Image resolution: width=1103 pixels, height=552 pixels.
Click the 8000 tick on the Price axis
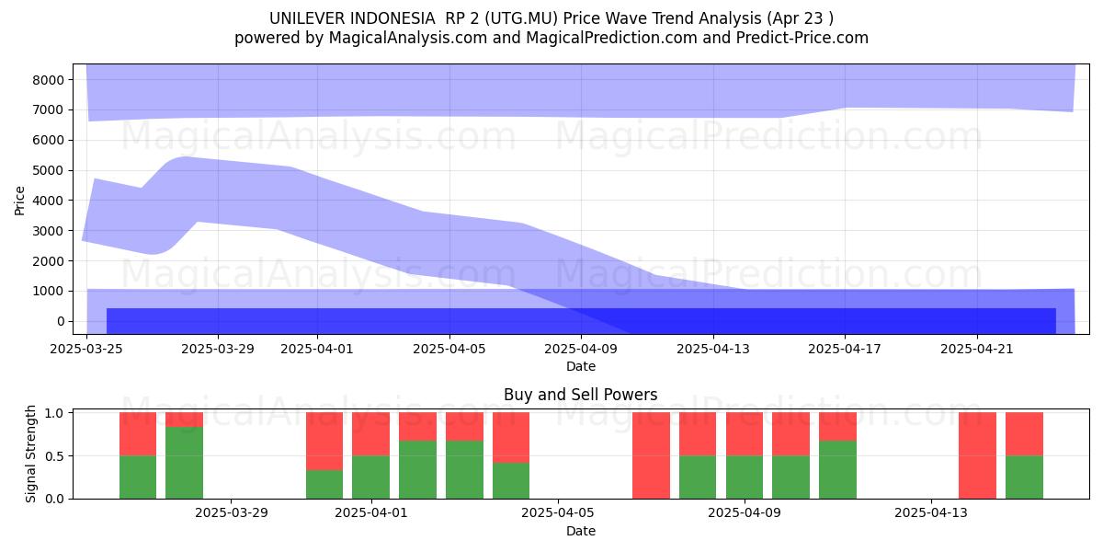click(49, 80)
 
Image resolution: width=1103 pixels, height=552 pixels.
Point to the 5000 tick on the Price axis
click(49, 170)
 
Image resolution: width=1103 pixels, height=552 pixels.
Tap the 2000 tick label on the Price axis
click(49, 261)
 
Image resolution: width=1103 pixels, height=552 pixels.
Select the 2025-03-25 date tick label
click(86, 349)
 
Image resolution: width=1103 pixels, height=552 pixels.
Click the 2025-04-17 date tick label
click(845, 349)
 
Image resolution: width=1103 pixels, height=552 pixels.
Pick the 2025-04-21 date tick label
click(977, 349)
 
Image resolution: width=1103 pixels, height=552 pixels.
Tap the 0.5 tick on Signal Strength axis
click(54, 456)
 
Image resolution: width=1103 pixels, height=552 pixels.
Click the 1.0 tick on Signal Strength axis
click(54, 413)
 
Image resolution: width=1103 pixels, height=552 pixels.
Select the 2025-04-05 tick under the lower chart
click(558, 513)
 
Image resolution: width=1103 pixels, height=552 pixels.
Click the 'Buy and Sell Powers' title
click(581, 395)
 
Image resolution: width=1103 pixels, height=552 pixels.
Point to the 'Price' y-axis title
click(19, 201)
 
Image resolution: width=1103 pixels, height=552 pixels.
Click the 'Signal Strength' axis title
click(30, 454)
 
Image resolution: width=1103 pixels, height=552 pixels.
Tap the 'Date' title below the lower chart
click(581, 531)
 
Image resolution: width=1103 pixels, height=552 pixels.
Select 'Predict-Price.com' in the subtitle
click(802, 38)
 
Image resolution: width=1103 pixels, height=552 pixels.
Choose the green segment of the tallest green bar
click(184, 463)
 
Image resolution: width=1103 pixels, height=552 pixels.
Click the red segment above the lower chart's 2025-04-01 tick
click(370, 434)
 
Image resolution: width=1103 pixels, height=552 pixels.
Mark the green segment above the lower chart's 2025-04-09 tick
click(744, 477)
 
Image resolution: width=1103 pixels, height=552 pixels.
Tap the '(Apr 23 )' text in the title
click(801, 18)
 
